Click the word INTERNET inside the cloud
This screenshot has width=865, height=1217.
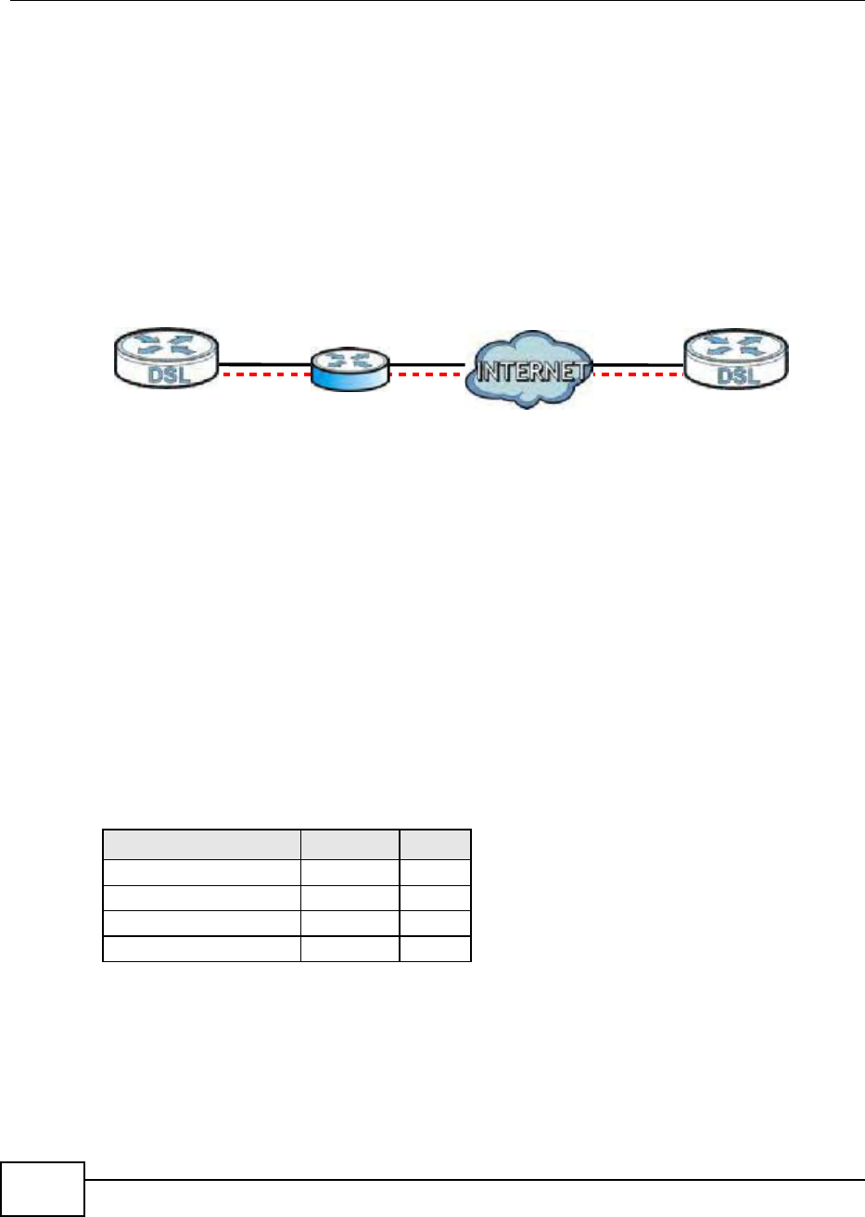(530, 372)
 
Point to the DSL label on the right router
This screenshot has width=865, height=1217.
(737, 375)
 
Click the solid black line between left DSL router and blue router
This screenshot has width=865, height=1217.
(265, 364)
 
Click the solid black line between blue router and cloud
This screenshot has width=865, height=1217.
(426, 364)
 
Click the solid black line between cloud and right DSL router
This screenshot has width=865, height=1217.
(638, 364)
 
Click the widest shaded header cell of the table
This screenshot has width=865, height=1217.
(201, 844)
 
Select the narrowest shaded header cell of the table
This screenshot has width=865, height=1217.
(436, 844)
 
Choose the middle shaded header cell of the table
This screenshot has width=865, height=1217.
(350, 844)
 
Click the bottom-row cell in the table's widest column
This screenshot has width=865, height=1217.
(201, 949)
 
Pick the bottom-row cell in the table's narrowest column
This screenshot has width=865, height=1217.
(436, 949)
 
